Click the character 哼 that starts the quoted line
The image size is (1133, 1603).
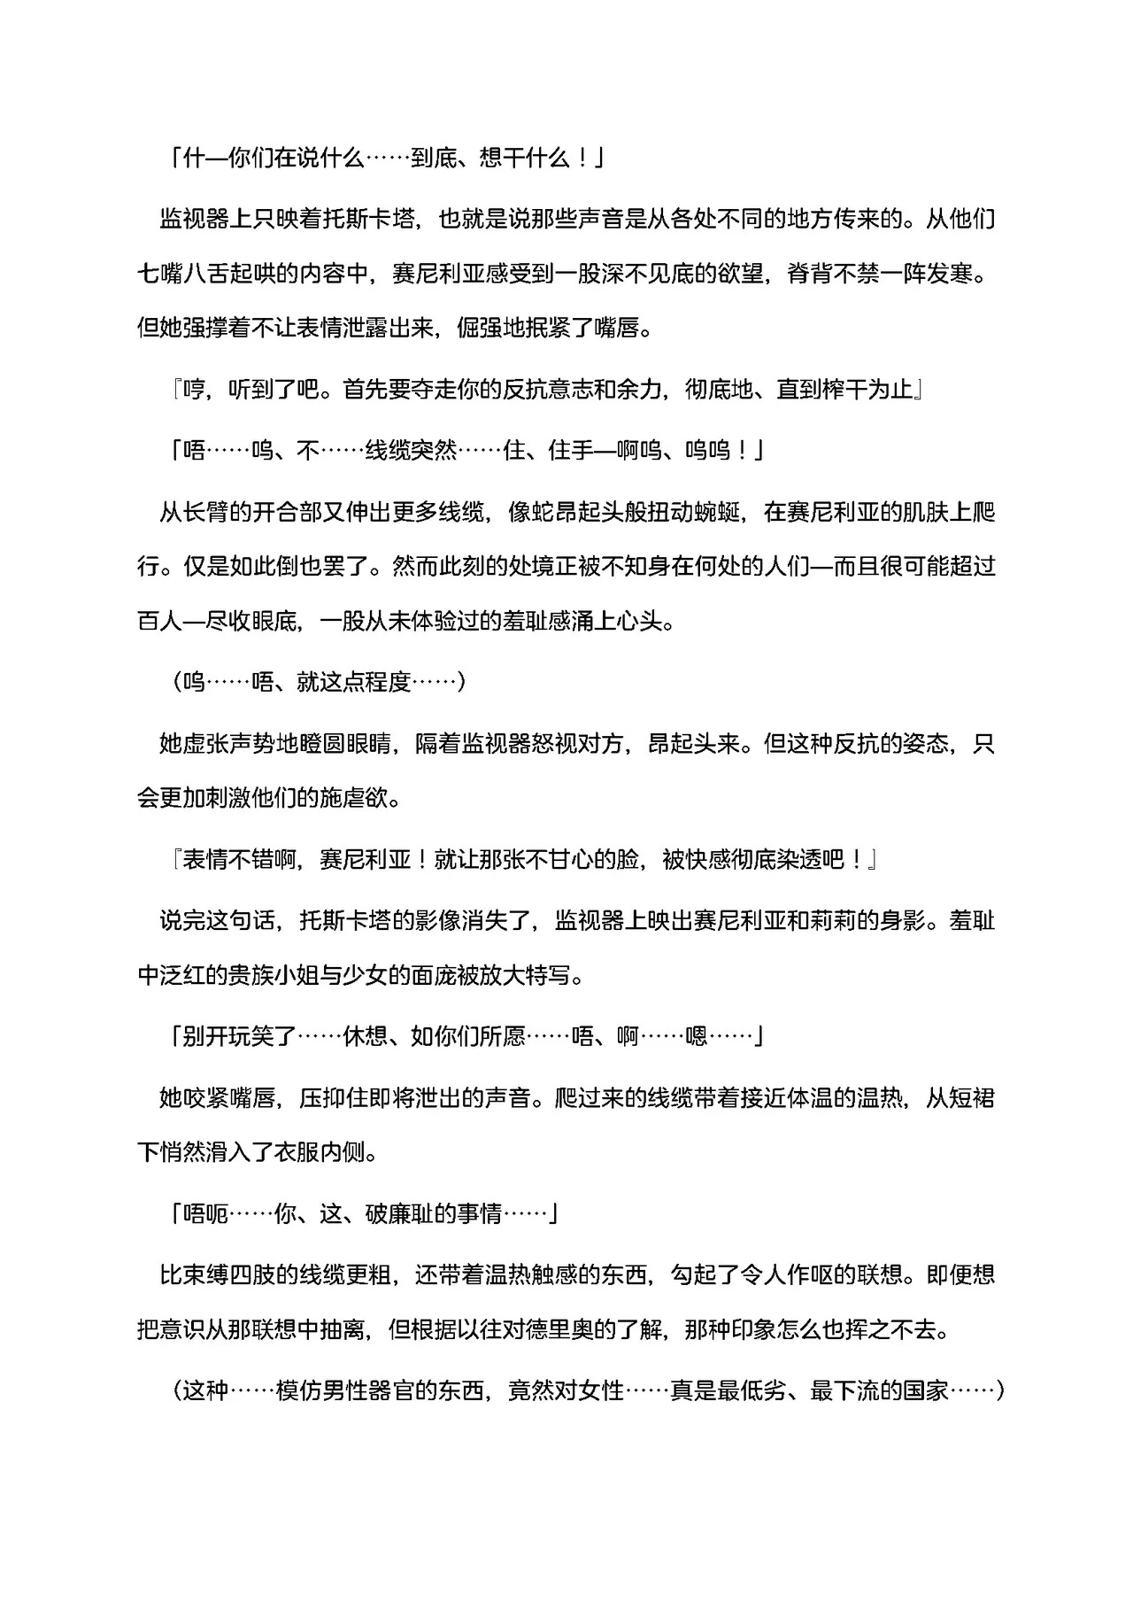194,390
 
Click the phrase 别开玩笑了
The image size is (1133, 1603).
239,1036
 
